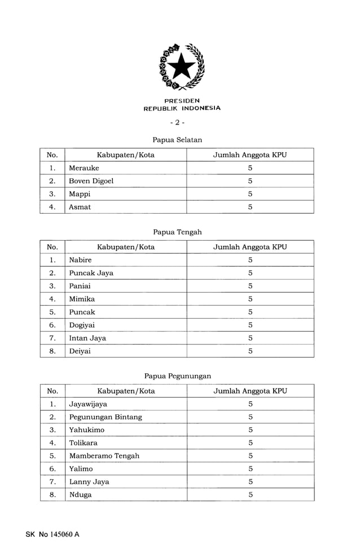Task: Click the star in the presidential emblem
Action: tap(181, 67)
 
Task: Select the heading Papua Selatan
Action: tap(177, 139)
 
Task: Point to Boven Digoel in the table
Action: tap(91, 181)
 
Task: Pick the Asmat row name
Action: tap(80, 207)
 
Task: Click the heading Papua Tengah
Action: tap(177, 232)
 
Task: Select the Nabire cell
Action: tap(80, 260)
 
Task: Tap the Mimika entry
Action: tap(82, 299)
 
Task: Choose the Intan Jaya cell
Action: tap(87, 338)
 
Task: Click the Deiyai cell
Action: tap(80, 351)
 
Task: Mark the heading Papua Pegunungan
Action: tap(177, 376)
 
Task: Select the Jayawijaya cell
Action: tap(88, 404)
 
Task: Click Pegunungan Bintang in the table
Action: tap(106, 417)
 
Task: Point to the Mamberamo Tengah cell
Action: tap(104, 456)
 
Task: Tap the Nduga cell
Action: tap(80, 494)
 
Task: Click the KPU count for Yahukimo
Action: tap(250, 430)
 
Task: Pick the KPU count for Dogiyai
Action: tap(250, 325)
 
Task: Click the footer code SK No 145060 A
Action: tap(52, 534)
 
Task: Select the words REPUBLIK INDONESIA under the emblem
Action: tap(182, 108)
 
